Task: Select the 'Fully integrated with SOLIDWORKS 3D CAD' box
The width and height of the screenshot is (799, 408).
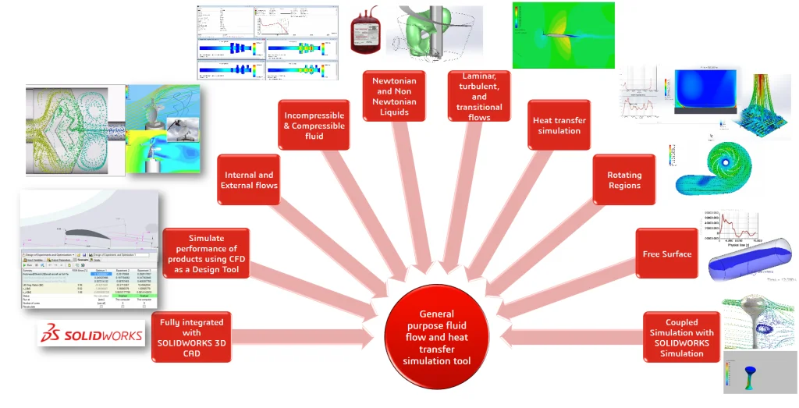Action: point(191,337)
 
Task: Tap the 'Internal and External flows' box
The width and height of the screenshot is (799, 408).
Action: point(249,180)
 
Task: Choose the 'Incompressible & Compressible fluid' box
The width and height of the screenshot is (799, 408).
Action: point(314,125)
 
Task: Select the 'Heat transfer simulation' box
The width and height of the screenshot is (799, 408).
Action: point(559,126)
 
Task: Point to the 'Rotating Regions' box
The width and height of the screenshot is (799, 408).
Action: point(623,180)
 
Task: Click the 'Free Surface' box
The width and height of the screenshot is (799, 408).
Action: point(666,254)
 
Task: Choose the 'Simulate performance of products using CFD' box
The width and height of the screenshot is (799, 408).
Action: point(206,254)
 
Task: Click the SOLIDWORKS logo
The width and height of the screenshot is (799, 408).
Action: point(91,333)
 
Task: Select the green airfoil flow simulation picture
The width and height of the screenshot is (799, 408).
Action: point(563,35)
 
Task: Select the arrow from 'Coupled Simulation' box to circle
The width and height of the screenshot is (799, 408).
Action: point(574,336)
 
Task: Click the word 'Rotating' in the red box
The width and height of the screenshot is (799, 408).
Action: point(624,175)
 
